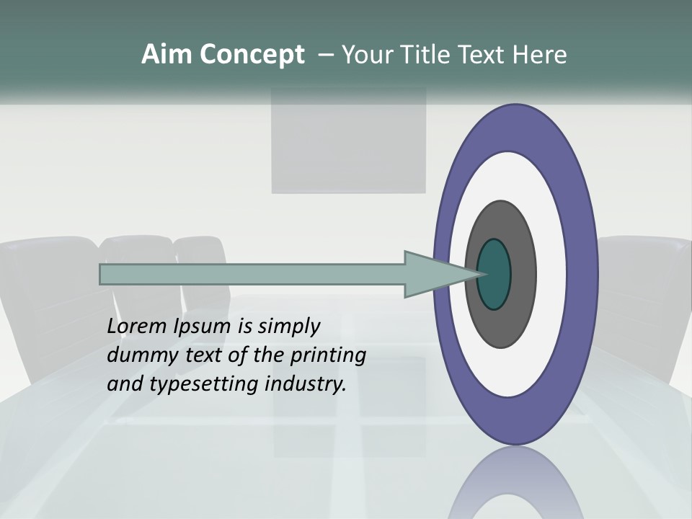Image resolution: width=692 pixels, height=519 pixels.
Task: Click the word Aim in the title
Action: click(x=167, y=55)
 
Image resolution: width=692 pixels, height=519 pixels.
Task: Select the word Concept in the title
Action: click(x=252, y=56)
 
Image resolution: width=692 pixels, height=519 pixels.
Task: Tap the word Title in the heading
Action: click(x=431, y=55)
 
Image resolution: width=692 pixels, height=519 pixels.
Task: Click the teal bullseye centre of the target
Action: click(x=494, y=274)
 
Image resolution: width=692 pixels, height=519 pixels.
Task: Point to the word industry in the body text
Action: click(x=306, y=384)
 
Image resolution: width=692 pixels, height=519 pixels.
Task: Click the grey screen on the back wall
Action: click(x=348, y=141)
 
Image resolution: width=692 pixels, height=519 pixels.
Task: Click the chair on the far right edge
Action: click(x=645, y=303)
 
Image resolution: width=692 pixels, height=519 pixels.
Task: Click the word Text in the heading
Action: click(x=487, y=55)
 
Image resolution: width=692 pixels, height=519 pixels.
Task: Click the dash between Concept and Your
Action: click(x=325, y=56)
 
